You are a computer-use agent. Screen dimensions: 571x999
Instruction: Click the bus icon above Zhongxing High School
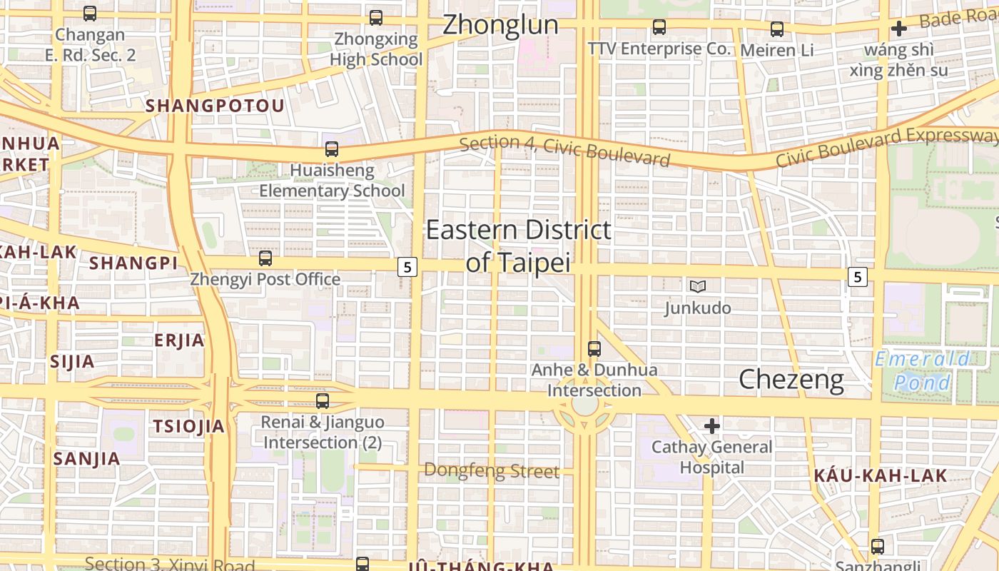tap(376, 18)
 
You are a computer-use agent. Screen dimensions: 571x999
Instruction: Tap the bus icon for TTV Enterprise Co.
tap(659, 28)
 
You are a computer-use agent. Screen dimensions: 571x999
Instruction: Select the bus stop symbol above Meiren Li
tap(777, 29)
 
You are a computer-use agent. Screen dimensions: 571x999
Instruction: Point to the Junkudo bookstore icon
tap(698, 286)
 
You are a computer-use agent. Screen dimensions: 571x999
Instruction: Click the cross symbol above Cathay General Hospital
tap(711, 426)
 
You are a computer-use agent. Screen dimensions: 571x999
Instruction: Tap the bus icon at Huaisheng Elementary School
tap(332, 149)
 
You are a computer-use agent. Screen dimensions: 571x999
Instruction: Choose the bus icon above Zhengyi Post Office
tap(265, 258)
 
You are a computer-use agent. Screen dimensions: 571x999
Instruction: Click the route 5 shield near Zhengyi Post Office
tap(407, 267)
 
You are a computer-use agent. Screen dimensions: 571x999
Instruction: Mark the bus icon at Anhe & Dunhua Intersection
tap(594, 349)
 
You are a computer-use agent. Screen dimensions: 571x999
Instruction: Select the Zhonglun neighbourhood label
tap(500, 25)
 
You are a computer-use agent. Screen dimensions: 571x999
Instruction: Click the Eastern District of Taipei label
tap(519, 246)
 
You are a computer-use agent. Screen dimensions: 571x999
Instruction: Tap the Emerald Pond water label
tap(923, 370)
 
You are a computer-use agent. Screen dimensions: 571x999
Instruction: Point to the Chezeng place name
tap(791, 379)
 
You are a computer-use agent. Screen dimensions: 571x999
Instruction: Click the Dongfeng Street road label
tap(492, 470)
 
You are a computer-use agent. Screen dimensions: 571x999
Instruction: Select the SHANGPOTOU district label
tap(215, 106)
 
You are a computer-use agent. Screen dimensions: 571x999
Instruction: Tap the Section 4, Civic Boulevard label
tap(565, 151)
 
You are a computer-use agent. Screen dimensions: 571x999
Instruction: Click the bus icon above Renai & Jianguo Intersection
tap(323, 401)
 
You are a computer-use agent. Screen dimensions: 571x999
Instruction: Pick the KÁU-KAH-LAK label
tap(881, 475)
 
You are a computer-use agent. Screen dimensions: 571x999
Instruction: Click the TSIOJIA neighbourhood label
tap(188, 427)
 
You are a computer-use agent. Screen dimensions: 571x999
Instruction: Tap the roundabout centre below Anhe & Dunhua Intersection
tap(585, 405)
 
